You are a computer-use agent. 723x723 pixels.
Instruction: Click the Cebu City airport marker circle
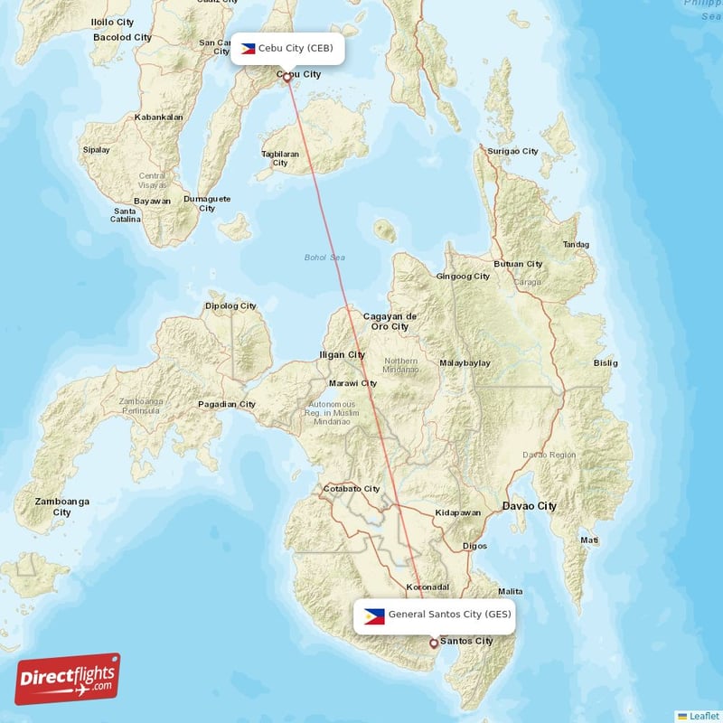[287, 77]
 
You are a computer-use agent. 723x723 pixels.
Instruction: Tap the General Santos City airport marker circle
[434, 643]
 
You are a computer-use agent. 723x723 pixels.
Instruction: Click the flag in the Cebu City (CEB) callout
[248, 48]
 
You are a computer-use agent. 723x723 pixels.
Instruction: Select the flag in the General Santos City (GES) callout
[374, 615]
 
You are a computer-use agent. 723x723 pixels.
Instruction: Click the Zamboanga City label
[61, 506]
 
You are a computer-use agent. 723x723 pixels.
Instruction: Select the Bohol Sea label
[324, 258]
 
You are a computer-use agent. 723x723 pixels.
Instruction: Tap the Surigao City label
[512, 151]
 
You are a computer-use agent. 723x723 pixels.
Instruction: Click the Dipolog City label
[230, 305]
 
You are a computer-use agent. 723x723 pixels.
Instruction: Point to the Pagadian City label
[227, 404]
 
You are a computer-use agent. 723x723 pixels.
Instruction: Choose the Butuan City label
[519, 264]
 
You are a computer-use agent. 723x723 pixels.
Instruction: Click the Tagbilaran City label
[280, 158]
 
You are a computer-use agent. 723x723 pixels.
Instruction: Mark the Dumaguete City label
[207, 203]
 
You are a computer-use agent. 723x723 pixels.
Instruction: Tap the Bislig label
[606, 362]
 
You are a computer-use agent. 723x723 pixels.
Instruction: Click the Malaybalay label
[465, 362]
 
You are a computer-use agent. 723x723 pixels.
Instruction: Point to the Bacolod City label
[122, 37]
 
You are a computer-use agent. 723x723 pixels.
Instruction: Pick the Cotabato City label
[352, 488]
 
